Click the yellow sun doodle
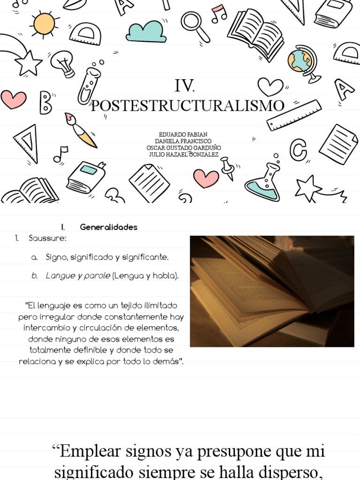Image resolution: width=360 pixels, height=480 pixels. click(44, 22)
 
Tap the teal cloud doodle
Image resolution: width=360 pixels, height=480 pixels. click(146, 31)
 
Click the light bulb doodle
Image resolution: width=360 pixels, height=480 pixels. click(63, 63)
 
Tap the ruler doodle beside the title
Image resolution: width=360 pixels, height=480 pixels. click(294, 115)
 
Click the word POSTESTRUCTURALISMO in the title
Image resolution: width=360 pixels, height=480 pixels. click(187, 105)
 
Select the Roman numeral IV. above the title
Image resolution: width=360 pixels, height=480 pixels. click(184, 86)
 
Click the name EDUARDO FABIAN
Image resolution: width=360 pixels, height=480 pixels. click(183, 135)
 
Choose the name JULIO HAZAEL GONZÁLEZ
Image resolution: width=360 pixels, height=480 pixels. click(184, 155)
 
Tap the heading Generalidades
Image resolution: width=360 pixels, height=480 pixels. click(109, 227)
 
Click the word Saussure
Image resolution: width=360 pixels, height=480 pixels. click(47, 239)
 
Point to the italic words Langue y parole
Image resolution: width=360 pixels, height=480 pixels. click(78, 276)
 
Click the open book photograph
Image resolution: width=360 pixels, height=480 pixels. click(272, 291)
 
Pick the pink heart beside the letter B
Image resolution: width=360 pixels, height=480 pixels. click(13, 99)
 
